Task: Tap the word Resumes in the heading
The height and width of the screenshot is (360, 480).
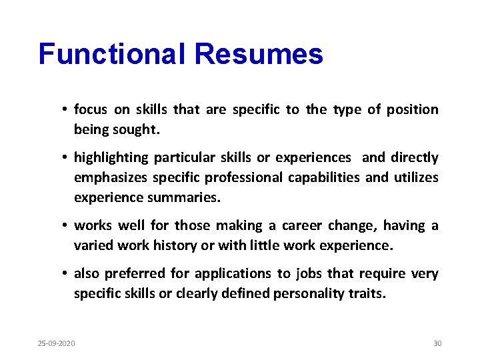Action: [x=259, y=54]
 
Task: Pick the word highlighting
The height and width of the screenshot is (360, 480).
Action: [x=111, y=158]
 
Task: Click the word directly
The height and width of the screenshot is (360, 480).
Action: [x=415, y=158]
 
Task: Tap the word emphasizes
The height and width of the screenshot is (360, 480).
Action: [x=111, y=178]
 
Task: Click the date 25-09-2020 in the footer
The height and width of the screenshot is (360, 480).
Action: [x=56, y=343]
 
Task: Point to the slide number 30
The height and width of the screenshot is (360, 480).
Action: [x=437, y=343]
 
